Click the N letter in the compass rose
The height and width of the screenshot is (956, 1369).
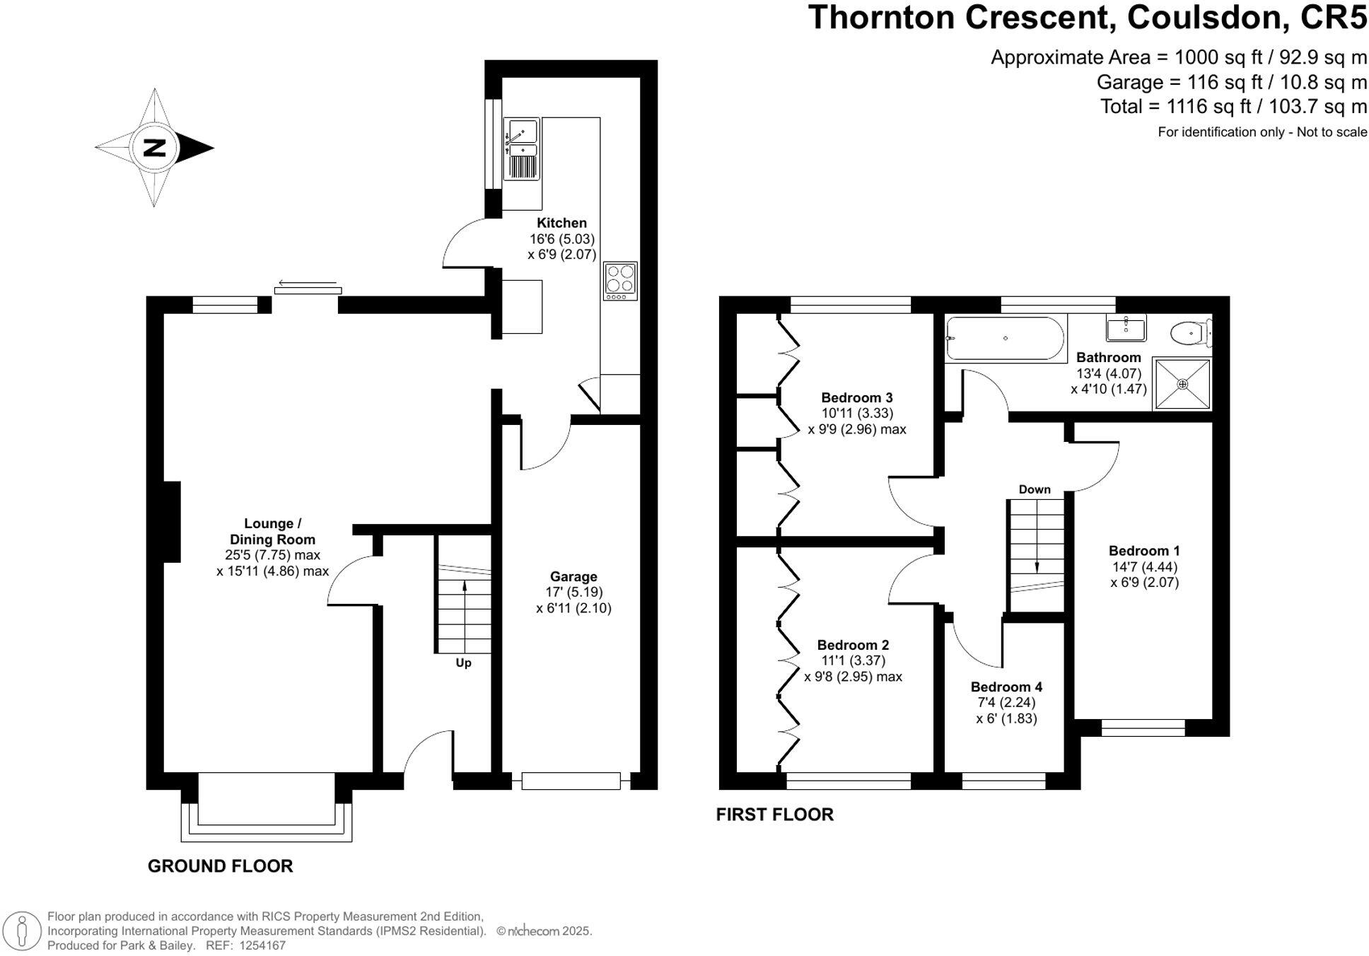click(154, 148)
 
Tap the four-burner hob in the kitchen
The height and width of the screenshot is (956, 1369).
click(620, 281)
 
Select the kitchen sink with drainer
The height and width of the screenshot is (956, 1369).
click(521, 148)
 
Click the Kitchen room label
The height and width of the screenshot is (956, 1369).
click(561, 223)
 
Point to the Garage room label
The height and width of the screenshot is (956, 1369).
click(573, 576)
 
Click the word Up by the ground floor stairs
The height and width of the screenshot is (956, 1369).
click(463, 663)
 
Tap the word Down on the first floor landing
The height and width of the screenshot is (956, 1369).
click(1035, 489)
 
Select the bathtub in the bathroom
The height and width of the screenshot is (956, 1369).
click(1005, 338)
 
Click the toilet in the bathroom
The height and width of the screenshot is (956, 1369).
click(1192, 332)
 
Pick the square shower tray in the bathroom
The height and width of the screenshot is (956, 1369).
click(1182, 384)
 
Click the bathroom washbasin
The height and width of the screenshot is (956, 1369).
click(1126, 327)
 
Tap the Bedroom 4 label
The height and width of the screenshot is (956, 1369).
click(1006, 687)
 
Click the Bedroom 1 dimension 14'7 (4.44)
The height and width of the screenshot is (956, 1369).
click(1144, 566)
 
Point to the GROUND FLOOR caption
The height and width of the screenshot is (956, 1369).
click(220, 865)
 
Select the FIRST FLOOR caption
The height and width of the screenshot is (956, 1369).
click(774, 814)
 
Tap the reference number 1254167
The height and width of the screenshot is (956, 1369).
click(262, 945)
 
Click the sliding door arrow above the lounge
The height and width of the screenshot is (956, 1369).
click(307, 283)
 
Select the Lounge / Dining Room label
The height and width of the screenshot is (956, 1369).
click(272, 531)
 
